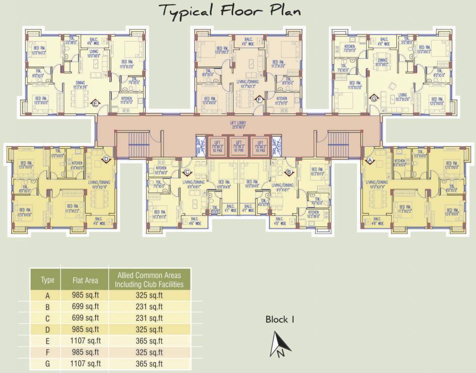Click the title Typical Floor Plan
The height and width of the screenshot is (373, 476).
pyautogui.click(x=230, y=11)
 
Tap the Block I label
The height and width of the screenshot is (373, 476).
pyautogui.click(x=280, y=320)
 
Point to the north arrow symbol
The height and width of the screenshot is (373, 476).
pyautogui.click(x=280, y=345)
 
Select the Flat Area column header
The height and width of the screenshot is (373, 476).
pyautogui.click(x=85, y=280)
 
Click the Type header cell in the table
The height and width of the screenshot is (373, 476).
pyautogui.click(x=48, y=280)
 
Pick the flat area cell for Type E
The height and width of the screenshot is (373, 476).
pyautogui.click(x=85, y=341)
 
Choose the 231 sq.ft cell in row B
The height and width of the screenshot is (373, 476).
pyautogui.click(x=149, y=306)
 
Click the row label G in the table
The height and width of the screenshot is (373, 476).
pyautogui.click(x=48, y=363)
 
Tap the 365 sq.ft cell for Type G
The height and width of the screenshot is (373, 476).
pyautogui.click(x=149, y=363)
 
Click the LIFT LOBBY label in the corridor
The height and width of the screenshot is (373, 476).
pyautogui.click(x=238, y=124)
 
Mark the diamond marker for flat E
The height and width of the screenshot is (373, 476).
pyautogui.click(x=95, y=103)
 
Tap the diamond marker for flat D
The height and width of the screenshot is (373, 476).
pyautogui.click(x=106, y=159)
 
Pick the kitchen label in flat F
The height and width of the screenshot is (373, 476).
pyautogui.click(x=281, y=100)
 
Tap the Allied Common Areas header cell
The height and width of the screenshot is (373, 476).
pyautogui.click(x=149, y=280)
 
